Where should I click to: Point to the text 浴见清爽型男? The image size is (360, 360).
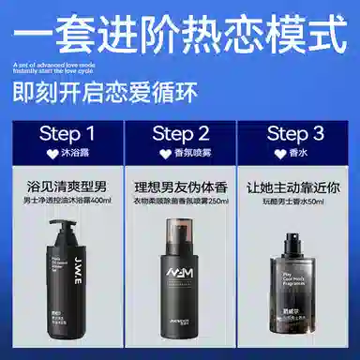[64, 184]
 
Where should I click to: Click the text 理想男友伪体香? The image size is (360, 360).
[180, 184]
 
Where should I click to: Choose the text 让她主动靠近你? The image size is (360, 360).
[296, 184]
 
